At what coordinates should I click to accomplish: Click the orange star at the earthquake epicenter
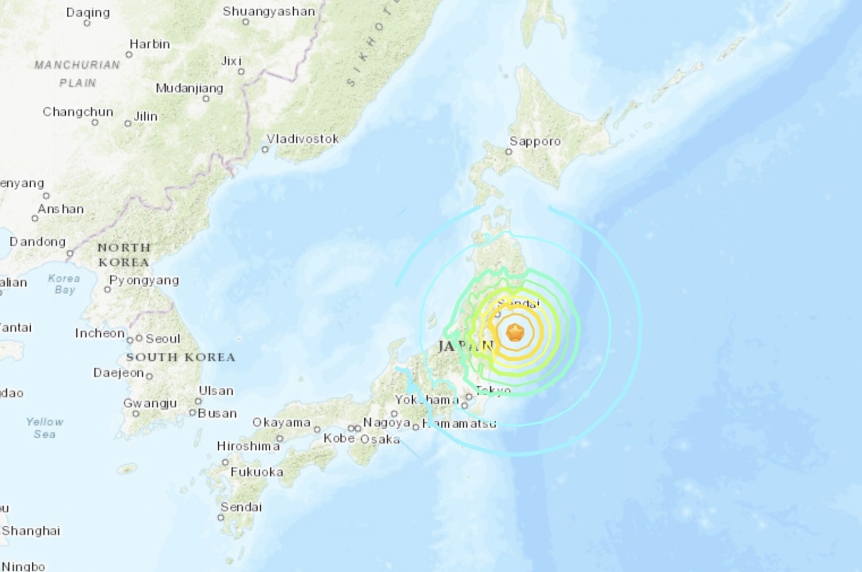pos(516,333)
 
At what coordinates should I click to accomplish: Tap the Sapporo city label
pos(535,141)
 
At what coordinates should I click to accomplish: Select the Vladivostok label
pos(303,139)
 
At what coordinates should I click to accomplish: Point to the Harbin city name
pos(149,44)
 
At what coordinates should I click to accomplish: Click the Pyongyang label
pos(144,280)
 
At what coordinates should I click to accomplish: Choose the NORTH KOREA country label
pos(123,255)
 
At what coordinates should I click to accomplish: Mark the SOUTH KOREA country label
pos(180,357)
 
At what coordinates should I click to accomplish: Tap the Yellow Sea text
pos(45,428)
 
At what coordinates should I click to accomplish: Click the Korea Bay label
pos(64,284)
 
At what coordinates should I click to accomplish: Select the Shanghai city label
pos(31,531)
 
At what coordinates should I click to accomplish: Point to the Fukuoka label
pos(256,472)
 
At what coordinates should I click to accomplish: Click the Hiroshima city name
pos(248,446)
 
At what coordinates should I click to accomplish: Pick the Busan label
pos(217,413)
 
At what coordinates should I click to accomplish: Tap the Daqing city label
pos(88,12)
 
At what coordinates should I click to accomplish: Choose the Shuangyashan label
pos(268,11)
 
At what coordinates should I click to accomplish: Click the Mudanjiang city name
pos(189,88)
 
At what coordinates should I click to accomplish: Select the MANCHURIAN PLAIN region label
pos(77,74)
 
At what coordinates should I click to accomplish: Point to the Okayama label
pos(281,422)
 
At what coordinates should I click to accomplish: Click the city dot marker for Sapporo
pos(508,152)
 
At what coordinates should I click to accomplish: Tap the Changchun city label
pos(78,112)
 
